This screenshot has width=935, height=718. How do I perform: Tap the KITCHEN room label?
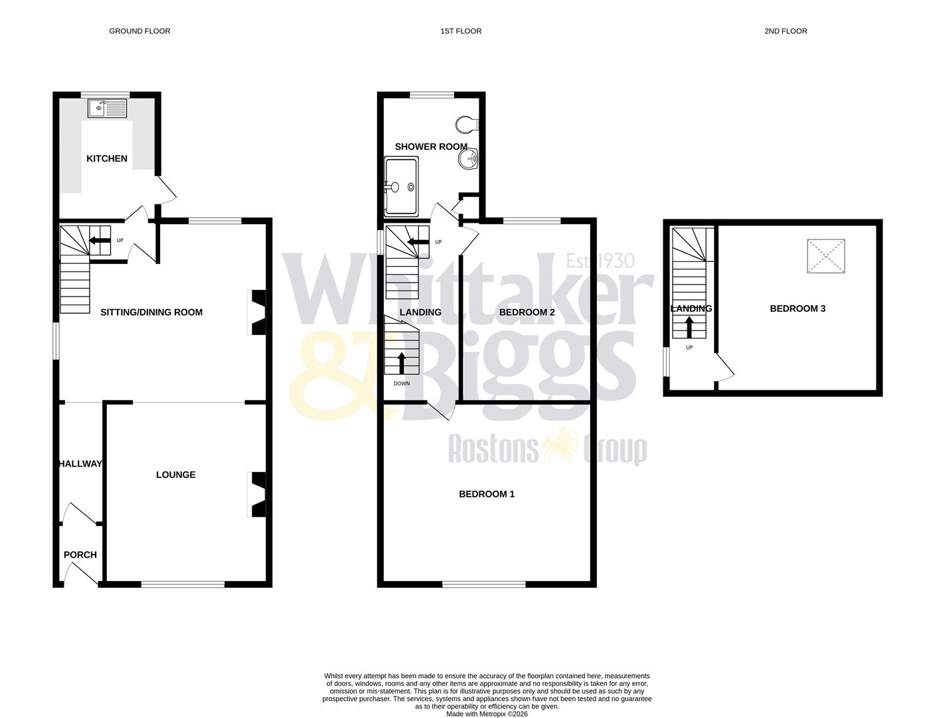coord(107,158)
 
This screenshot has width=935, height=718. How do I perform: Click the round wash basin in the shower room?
coord(469,159)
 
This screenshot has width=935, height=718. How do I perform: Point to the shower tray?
coord(401,186)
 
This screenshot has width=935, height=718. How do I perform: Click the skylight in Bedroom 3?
coord(826,256)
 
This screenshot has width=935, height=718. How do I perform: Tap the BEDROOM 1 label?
coord(487,494)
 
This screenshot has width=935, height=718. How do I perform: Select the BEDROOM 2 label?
coord(527,312)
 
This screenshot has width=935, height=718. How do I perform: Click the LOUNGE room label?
coord(175,475)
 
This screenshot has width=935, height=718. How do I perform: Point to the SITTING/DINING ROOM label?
coord(151,312)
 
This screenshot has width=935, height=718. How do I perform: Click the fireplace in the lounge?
coord(257,495)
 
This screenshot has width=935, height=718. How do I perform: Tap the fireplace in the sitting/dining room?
coord(257,312)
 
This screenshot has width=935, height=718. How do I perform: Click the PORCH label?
coord(80,554)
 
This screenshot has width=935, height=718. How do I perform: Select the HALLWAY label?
coord(80,463)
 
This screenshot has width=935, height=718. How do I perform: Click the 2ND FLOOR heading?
coord(786,31)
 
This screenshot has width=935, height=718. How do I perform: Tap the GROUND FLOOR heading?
coord(139,31)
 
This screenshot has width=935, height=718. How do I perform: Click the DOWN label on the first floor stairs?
coord(401,384)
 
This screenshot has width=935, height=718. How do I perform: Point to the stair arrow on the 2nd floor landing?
coord(689,328)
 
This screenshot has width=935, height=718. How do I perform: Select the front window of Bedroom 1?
coord(484,584)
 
